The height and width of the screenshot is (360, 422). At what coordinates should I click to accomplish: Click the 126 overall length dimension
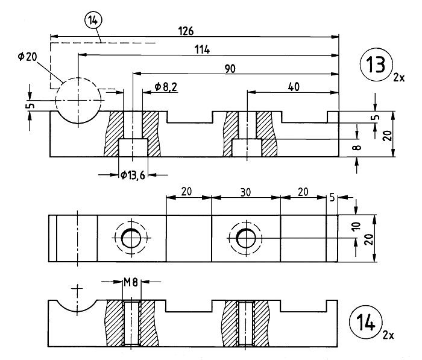(186, 31)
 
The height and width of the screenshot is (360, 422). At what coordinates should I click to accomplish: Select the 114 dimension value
(202, 49)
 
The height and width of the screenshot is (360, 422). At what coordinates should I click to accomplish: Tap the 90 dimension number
(230, 69)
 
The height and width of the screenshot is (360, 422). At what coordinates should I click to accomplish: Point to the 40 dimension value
(294, 87)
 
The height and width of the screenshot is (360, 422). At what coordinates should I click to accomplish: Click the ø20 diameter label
(27, 57)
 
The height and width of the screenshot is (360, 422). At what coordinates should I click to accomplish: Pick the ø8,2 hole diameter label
(166, 87)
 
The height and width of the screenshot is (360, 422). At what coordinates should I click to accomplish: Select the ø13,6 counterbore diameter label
(133, 175)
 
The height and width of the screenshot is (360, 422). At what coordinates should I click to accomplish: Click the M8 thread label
(131, 282)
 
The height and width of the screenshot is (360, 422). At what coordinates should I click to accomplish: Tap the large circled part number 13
(376, 65)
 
